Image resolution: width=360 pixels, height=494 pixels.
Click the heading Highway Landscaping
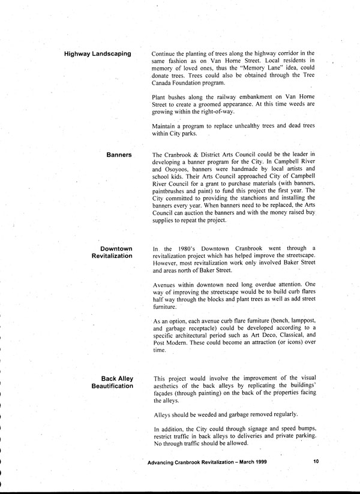98,54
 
